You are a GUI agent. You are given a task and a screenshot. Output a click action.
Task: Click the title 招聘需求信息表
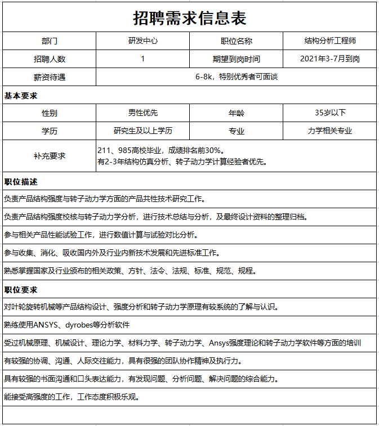coord(189,18)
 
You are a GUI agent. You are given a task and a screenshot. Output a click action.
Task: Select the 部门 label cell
coord(50,41)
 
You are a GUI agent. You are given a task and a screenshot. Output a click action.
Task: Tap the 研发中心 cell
coord(142,41)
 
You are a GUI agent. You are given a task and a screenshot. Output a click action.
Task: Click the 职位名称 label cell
coord(236,41)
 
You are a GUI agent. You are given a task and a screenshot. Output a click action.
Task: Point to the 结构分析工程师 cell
coord(329,41)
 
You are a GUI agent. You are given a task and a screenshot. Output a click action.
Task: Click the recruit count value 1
coord(142,59)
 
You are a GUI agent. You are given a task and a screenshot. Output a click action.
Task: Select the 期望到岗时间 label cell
coord(236,59)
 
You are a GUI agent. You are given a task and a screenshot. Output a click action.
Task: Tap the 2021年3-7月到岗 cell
coord(329,59)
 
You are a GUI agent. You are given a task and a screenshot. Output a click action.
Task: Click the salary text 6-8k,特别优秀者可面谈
coord(236,77)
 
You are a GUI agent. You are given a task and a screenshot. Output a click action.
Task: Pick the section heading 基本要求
coord(21,96)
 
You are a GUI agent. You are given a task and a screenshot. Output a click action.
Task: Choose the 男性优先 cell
coord(142,113)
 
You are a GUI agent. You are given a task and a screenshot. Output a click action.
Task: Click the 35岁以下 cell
coord(329,113)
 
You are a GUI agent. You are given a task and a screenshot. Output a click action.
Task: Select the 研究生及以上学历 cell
coord(142,131)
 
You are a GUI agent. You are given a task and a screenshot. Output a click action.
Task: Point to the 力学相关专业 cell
coord(329,131)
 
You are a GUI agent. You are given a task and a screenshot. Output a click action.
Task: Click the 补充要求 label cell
coord(50,156)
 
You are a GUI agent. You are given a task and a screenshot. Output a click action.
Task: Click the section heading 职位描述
coord(21,182)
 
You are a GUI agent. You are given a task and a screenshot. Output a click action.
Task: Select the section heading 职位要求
coord(21,290)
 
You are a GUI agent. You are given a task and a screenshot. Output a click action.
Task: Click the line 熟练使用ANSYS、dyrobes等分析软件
coord(67,325)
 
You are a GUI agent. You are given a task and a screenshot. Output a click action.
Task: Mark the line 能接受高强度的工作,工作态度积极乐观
coord(72,397)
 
